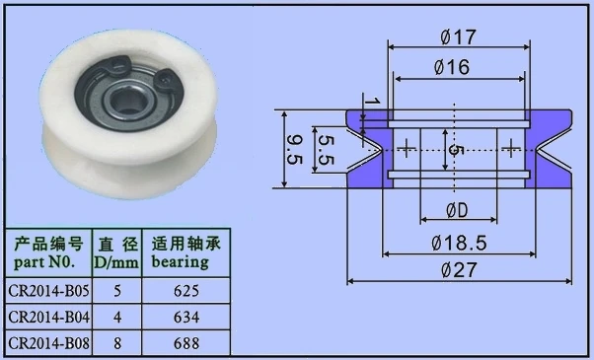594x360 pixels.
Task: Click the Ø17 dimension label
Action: [x=458, y=36]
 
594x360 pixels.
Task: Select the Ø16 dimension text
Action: [x=452, y=67]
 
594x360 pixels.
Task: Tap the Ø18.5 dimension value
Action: [x=459, y=243]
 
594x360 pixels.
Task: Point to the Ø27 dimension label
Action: [x=459, y=270]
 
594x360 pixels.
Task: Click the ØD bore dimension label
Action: [x=458, y=210]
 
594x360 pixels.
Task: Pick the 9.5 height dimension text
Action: [x=295, y=150]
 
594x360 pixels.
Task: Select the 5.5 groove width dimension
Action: [x=326, y=150]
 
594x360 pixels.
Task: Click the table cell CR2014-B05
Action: [x=49, y=291]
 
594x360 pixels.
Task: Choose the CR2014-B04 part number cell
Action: [x=49, y=317]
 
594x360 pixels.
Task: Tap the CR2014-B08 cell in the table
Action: [x=49, y=343]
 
